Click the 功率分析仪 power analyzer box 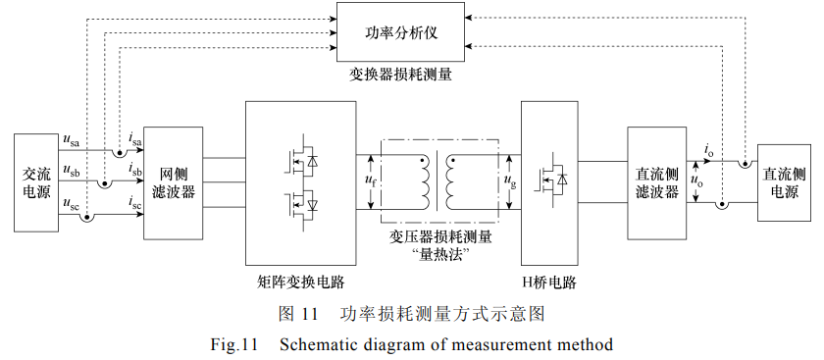(x=400, y=32)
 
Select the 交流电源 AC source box (x=35, y=182)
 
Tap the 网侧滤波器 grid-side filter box (x=173, y=183)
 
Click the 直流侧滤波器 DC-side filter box (x=656, y=183)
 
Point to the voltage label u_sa (x=72, y=141)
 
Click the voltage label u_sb (x=72, y=171)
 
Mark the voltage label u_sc (x=72, y=203)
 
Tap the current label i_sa (x=135, y=139)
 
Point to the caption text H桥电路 (x=549, y=283)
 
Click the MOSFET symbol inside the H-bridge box (x=550, y=179)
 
